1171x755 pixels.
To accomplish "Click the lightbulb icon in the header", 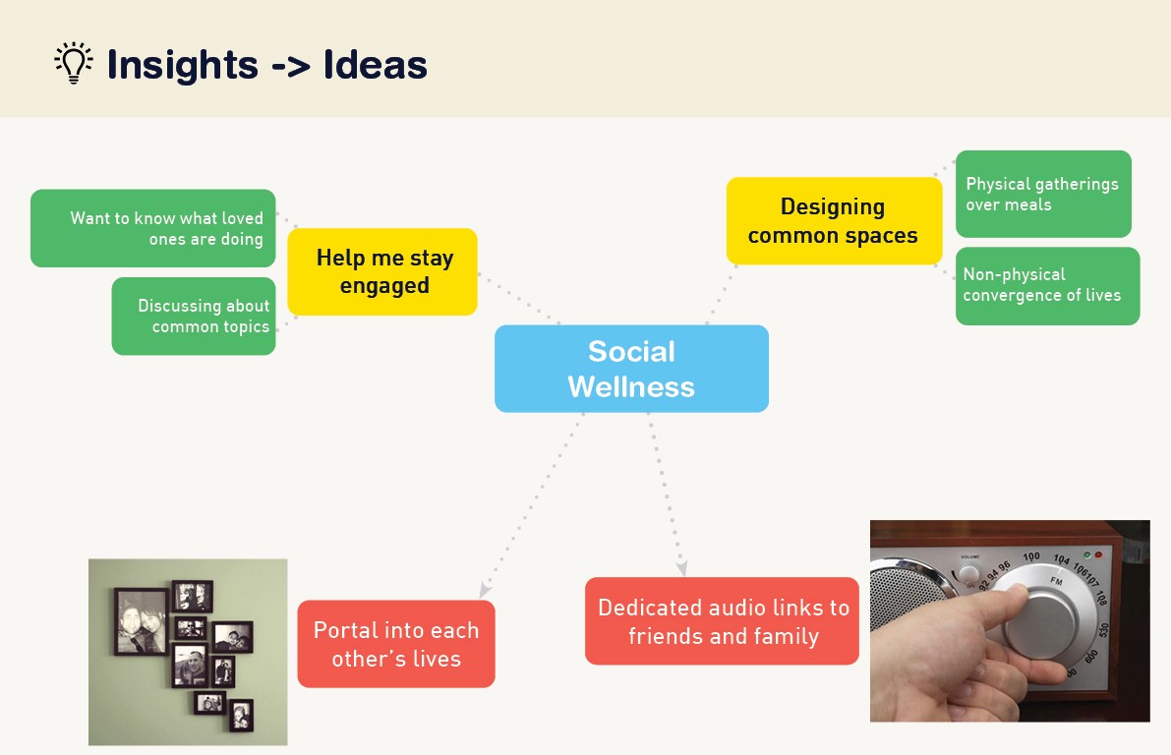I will [73, 63].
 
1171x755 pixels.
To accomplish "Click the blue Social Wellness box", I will [631, 369].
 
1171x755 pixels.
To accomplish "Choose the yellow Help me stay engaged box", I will [382, 272].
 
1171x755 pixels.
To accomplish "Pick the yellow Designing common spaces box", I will [833, 221].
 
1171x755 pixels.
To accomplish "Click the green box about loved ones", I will [153, 228].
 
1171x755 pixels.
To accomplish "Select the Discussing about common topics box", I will [194, 317].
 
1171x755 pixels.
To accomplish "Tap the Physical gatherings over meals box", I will [1043, 194].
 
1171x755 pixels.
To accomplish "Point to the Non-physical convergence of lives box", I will [1047, 286].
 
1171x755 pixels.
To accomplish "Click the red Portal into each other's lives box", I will [396, 644].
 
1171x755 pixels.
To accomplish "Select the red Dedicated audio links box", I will [723, 621].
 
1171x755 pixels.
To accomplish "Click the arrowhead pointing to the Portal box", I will [485, 592].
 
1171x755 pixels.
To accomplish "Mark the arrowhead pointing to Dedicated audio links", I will [681, 569].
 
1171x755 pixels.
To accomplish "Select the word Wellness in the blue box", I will [631, 386].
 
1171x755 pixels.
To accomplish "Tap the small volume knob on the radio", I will [968, 573].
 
